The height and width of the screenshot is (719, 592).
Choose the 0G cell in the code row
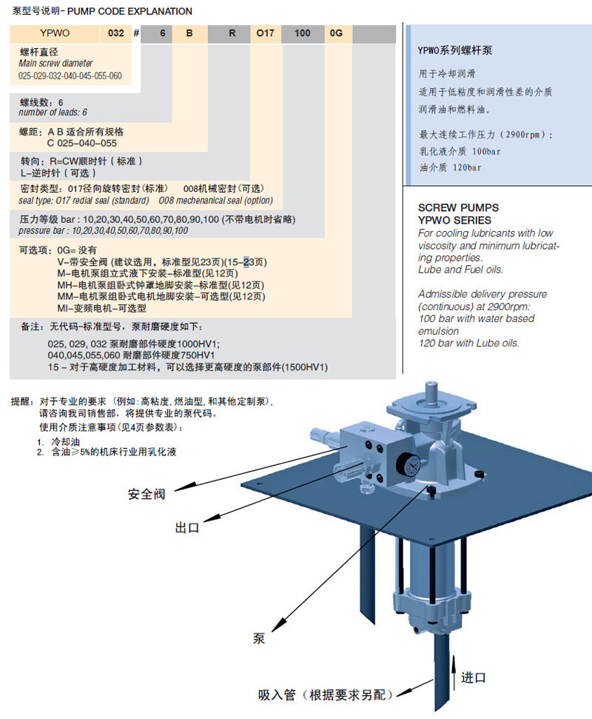[x=337, y=34]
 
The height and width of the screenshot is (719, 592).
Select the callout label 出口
[x=187, y=528]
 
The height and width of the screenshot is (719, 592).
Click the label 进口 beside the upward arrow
[x=473, y=677]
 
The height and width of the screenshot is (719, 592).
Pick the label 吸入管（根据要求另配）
[x=326, y=695]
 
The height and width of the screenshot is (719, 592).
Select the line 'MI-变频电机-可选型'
[x=101, y=308]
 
